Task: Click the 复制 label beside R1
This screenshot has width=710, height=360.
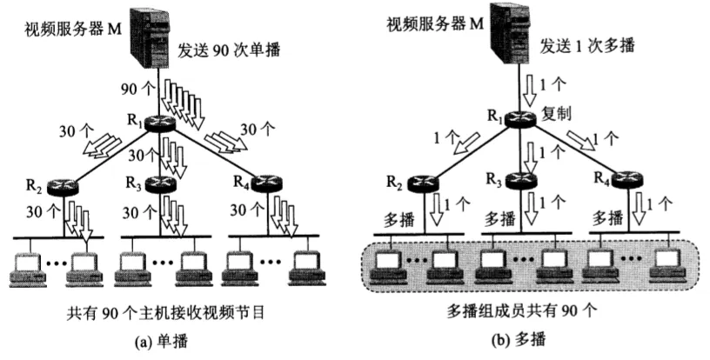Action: coord(557,115)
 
